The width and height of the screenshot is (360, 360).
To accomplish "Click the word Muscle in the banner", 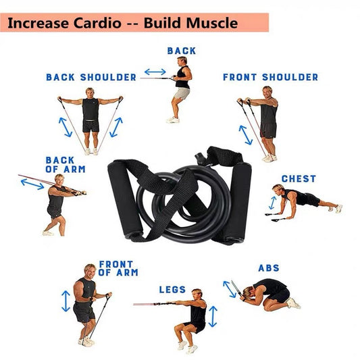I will (210, 23).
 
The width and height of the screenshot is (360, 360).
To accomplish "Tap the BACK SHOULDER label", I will (91, 77).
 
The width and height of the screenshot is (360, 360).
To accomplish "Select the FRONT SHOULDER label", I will (270, 77).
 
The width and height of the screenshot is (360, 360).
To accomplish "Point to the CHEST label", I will (299, 179).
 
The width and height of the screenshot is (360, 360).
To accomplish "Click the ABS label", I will (269, 268).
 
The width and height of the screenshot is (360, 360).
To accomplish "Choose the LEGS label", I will (172, 290).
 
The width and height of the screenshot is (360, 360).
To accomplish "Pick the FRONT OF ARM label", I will (118, 268).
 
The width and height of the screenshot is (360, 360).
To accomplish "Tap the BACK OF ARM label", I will (60, 165).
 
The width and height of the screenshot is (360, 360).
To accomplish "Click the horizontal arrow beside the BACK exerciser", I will (155, 72).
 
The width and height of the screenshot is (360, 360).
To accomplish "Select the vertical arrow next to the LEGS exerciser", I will (213, 316).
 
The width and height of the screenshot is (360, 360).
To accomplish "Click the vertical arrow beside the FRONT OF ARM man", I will (66, 301).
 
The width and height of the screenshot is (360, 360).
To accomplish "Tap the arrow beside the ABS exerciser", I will (230, 289).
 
